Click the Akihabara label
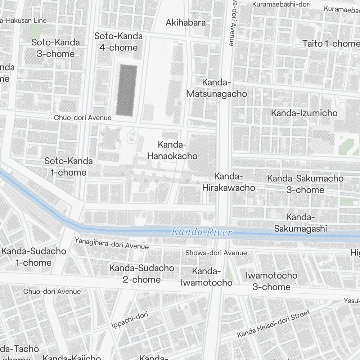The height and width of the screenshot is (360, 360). click(186, 23)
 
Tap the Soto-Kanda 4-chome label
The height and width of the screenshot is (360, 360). click(118, 42)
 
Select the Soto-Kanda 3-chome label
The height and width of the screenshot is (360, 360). click(56, 48)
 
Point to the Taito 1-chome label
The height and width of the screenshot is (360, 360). click(330, 44)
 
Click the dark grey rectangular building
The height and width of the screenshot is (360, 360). click(126, 90)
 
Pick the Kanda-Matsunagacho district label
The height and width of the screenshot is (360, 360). click(217, 88)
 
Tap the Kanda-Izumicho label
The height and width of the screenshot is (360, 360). click(304, 113)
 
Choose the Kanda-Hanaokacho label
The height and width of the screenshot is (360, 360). click(172, 150)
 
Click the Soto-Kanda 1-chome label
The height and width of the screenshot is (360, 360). click(68, 167)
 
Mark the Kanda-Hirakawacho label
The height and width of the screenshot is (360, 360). click(229, 182)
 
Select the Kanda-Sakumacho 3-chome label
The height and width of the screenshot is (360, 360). click(305, 184)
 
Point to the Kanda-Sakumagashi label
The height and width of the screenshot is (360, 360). click(301, 223)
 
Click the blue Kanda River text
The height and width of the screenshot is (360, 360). click(202, 232)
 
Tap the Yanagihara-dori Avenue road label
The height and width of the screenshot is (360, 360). click(112, 243)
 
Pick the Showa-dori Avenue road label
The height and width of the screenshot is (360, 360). click(216, 253)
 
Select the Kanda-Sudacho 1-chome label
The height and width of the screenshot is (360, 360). click(33, 257)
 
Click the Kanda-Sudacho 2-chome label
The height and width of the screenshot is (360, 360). click(142, 274)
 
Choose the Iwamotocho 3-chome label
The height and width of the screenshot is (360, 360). click(271, 281)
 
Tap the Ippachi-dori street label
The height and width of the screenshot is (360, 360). click(130, 320)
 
